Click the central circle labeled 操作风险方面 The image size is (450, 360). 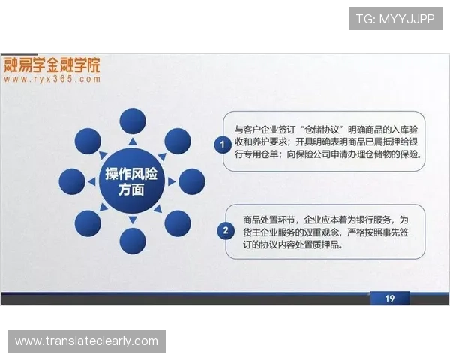(132, 181)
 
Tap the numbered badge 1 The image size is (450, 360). (222, 142)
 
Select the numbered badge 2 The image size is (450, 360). (224, 230)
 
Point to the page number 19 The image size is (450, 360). (389, 298)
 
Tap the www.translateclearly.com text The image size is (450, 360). (87, 341)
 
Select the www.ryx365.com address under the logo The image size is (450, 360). (52, 78)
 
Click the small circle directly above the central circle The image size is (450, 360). (133, 120)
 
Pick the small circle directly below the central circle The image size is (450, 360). (133, 241)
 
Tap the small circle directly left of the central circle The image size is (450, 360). (72, 181)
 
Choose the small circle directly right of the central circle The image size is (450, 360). (192, 181)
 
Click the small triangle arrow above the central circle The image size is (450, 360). (133, 142)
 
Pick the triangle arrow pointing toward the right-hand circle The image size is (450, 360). (171, 181)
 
